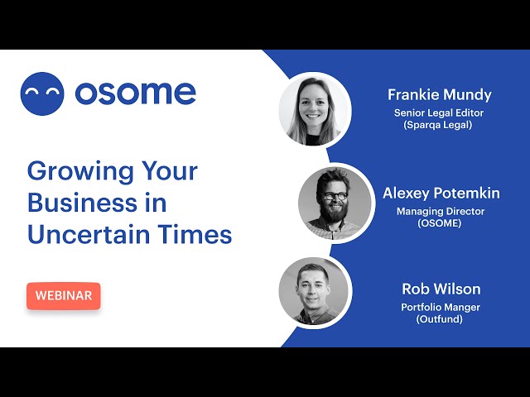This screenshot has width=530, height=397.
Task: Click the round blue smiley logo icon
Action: click(x=42, y=93)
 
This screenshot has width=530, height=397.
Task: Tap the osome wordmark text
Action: click(x=136, y=93)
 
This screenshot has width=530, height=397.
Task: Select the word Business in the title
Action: click(x=83, y=203)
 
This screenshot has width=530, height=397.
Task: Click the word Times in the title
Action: click(x=195, y=234)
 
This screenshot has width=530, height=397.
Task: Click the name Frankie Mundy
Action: click(x=440, y=95)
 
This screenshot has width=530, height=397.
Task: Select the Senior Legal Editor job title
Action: click(x=439, y=112)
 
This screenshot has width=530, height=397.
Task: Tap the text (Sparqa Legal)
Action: click(x=438, y=125)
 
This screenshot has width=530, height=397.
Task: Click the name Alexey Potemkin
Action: click(x=441, y=194)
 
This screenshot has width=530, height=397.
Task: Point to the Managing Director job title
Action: click(x=441, y=212)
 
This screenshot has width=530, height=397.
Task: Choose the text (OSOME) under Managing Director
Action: click(x=440, y=223)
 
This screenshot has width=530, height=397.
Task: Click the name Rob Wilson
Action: click(x=441, y=289)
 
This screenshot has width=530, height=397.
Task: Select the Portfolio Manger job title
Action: click(x=441, y=308)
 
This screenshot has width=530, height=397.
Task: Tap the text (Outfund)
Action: click(x=440, y=319)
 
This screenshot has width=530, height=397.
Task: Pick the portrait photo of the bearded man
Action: click(x=335, y=203)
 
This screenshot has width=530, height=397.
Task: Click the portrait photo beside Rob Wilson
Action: click(x=313, y=292)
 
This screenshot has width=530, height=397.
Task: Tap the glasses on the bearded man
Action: click(x=335, y=196)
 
